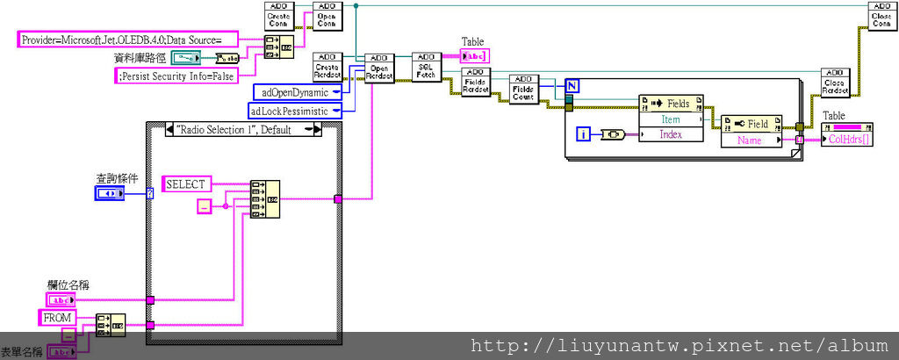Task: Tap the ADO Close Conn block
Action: pyautogui.click(x=881, y=16)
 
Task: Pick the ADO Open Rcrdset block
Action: pyautogui.click(x=379, y=68)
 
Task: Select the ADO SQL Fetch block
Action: pyautogui.click(x=425, y=68)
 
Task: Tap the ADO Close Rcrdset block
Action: pyautogui.click(x=834, y=84)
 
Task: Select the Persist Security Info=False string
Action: pyautogui.click(x=176, y=76)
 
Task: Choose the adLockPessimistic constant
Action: pyautogui.click(x=290, y=112)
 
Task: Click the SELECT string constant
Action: pyautogui.click(x=185, y=184)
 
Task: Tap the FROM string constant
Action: pyautogui.click(x=57, y=316)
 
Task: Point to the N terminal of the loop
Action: pyautogui.click(x=572, y=86)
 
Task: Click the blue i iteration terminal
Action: pyautogui.click(x=584, y=133)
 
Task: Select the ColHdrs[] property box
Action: pyautogui.click(x=846, y=139)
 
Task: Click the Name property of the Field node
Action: pyautogui.click(x=750, y=140)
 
